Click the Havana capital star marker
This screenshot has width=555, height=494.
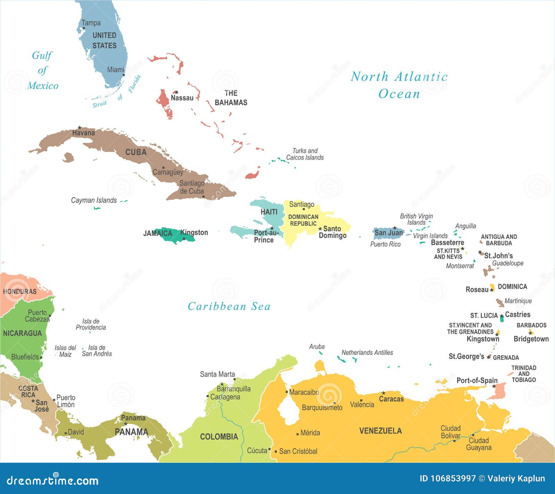[79, 128]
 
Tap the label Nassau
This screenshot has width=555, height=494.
[182, 98]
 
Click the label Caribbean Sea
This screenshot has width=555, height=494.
[229, 306]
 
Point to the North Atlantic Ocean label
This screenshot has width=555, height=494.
[399, 85]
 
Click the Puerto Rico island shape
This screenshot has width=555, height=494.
[388, 233]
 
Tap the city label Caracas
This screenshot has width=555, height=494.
[391, 399]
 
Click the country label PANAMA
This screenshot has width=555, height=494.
[131, 432]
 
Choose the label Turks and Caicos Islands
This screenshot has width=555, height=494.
[305, 154]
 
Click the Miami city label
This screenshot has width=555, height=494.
[116, 70]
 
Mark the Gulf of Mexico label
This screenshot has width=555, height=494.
[42, 70]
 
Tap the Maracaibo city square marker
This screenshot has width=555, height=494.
[287, 392]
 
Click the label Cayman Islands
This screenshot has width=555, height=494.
[94, 200]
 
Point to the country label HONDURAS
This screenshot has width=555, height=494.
[20, 291]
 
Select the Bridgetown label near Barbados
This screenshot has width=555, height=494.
[531, 339]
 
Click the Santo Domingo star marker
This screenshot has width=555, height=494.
[320, 229]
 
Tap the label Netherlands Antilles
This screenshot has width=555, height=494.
[367, 352]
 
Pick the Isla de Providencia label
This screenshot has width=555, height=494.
[91, 324]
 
